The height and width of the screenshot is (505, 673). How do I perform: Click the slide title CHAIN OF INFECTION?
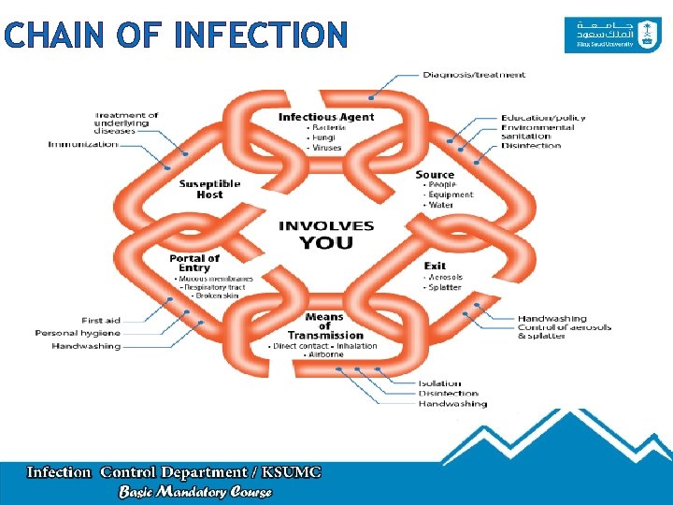click(x=175, y=36)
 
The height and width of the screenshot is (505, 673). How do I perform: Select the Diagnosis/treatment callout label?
click(x=474, y=75)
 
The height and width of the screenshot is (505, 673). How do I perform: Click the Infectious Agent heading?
click(x=326, y=117)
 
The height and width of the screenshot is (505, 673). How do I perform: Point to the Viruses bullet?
click(x=327, y=148)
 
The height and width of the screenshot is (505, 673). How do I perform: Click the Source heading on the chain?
click(x=435, y=174)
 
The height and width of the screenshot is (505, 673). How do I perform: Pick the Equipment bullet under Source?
click(x=451, y=195)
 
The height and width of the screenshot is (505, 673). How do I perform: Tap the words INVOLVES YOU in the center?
click(x=326, y=235)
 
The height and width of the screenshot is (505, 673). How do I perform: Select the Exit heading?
click(x=435, y=266)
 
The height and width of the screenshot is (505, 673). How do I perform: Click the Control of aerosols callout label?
click(x=565, y=327)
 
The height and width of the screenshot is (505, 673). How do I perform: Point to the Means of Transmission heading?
click(x=325, y=325)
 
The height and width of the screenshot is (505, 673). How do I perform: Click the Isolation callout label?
click(x=439, y=382)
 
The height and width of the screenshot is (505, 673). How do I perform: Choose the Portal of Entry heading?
click(x=194, y=263)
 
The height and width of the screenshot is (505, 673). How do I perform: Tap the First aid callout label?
click(x=100, y=321)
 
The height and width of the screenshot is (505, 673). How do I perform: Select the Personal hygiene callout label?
click(x=78, y=333)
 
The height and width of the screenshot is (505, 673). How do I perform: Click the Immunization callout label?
click(x=83, y=144)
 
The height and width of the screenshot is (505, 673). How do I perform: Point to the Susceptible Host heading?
click(x=209, y=189)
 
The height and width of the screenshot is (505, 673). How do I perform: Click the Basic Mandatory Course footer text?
click(x=195, y=491)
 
